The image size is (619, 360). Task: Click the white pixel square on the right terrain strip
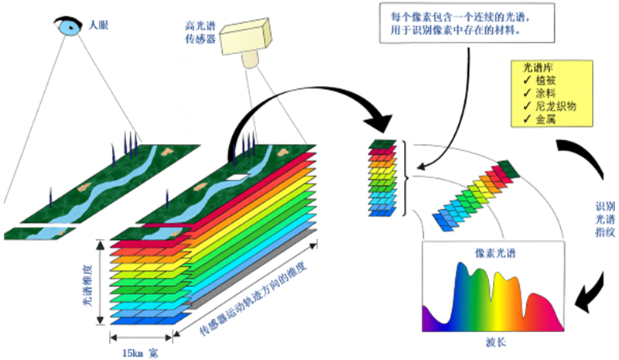(232, 179)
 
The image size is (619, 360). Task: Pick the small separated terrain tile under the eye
(39, 231)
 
